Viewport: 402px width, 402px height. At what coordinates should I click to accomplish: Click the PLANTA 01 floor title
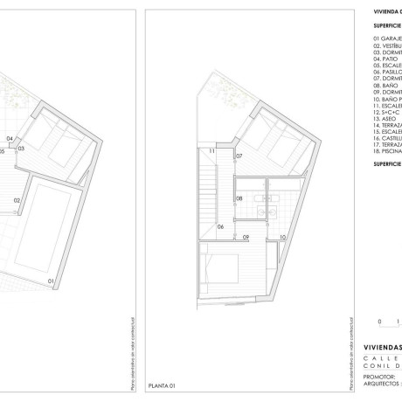[163, 385]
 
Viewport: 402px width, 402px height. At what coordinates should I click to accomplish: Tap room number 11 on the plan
[211, 152]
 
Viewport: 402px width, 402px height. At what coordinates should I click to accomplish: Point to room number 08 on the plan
[239, 199]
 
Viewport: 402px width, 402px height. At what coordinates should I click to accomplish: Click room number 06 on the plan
[221, 226]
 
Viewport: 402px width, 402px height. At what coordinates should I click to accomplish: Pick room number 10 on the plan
[283, 237]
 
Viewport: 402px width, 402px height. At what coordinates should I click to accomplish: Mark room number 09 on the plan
[246, 237]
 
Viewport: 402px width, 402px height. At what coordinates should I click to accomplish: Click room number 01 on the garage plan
[51, 281]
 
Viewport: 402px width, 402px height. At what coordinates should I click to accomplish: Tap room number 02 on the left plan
[17, 200]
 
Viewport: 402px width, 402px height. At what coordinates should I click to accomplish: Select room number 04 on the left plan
[10, 139]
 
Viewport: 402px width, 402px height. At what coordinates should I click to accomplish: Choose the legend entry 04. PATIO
[385, 59]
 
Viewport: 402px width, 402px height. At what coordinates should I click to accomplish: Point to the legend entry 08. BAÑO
[385, 85]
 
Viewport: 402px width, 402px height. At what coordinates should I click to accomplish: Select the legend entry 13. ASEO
[384, 118]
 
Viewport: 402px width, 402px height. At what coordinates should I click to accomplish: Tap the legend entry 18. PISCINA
[387, 150]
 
